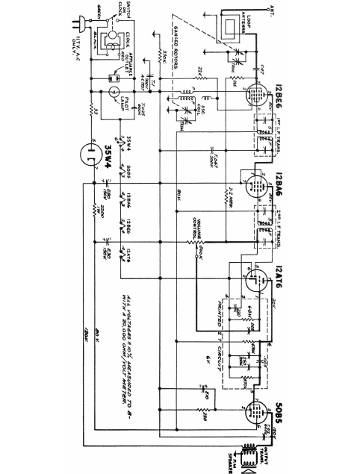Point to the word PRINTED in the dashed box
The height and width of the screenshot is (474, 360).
click(220, 314)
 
